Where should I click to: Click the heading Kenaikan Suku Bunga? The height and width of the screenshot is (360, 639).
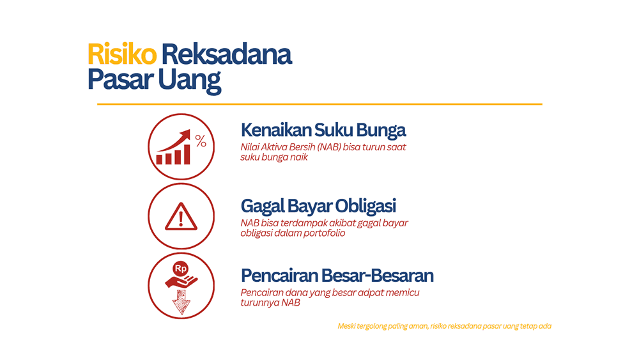[x=323, y=130]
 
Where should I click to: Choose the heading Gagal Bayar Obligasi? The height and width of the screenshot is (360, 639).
[x=318, y=207]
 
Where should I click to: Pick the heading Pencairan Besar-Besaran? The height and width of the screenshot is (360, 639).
[x=337, y=276]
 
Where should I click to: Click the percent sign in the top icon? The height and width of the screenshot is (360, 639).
[x=201, y=141]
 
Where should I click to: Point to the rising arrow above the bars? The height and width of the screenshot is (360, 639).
[x=176, y=139]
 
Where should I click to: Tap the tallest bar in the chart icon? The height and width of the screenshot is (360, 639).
[x=186, y=154]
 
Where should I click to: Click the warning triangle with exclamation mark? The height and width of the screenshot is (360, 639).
[x=181, y=217]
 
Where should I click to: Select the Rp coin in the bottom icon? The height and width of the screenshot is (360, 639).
[x=180, y=269]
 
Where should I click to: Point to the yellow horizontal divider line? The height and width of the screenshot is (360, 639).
[x=319, y=104]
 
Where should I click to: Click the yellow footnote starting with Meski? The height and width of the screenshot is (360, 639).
[x=444, y=326]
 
